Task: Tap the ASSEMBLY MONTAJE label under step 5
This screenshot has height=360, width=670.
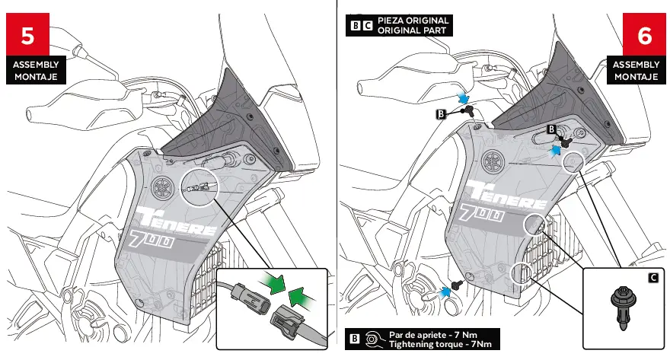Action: click(35, 71)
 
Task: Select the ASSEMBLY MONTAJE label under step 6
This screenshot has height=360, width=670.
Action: click(636, 71)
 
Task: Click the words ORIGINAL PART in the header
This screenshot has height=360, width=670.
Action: click(412, 30)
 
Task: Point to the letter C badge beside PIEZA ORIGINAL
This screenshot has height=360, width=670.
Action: click(368, 25)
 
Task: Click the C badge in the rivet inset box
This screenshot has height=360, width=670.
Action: click(652, 277)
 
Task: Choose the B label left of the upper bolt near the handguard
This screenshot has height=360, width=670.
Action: click(440, 114)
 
